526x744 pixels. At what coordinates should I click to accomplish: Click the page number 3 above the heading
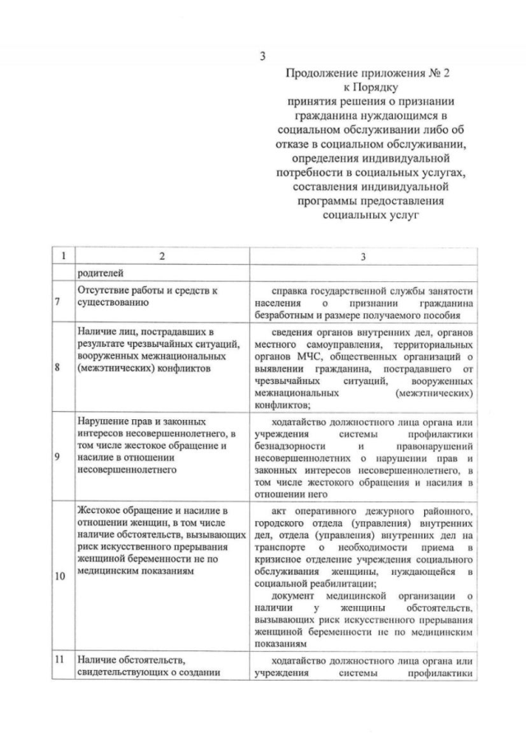click(x=263, y=57)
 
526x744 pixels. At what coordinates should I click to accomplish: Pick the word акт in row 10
click(x=279, y=511)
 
